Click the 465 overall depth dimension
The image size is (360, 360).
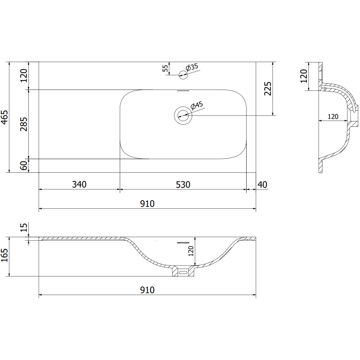(x=4, y=117)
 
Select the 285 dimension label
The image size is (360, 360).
(x=24, y=124)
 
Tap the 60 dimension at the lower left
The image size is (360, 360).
(x=24, y=166)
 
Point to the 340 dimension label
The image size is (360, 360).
(x=79, y=184)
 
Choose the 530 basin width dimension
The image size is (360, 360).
(x=183, y=184)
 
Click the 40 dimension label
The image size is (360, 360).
(x=263, y=184)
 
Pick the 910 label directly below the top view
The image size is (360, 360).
(x=147, y=203)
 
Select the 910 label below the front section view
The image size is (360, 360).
(x=147, y=290)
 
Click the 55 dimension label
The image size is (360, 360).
(x=165, y=68)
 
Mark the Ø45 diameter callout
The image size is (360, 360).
(x=197, y=106)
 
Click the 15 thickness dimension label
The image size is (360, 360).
(x=24, y=228)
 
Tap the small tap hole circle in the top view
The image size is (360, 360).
(x=183, y=75)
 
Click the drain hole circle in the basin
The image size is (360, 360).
(x=183, y=116)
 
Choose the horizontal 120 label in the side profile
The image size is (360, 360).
(x=333, y=117)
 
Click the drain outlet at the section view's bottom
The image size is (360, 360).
(x=183, y=272)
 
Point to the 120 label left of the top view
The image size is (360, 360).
(x=24, y=75)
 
